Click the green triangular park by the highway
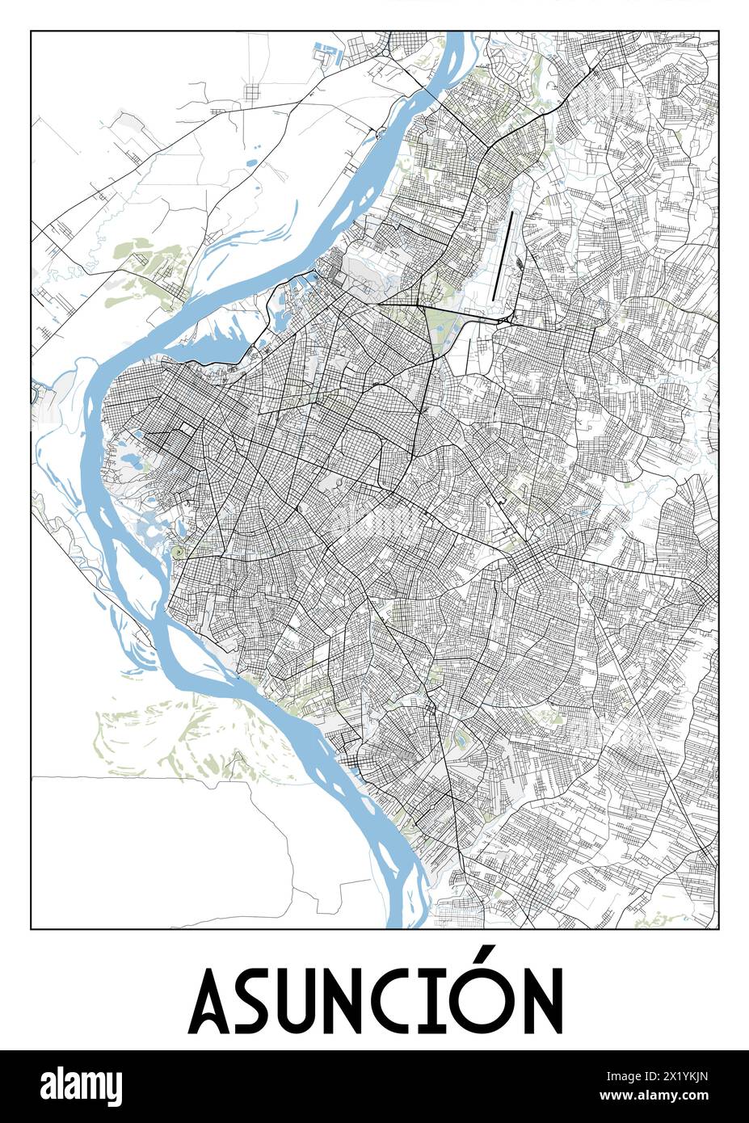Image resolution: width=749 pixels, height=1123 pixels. [440, 332]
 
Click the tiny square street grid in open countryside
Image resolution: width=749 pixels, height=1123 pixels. [253, 91]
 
